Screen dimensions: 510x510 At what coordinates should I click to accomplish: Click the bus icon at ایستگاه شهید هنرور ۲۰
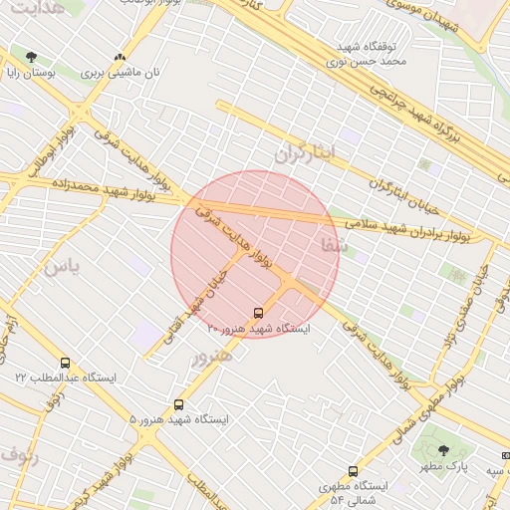point(259,312)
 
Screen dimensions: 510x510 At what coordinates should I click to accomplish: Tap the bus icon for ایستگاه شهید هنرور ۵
point(178,404)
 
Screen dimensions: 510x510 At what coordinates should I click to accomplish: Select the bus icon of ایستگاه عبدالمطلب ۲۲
point(66,364)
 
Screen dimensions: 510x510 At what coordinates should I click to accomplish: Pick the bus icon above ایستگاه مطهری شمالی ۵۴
point(353,471)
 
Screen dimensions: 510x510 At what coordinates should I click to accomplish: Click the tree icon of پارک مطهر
point(443,451)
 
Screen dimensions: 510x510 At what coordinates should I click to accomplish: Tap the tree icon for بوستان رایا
point(32,57)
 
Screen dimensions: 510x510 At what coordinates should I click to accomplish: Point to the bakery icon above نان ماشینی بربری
point(121,58)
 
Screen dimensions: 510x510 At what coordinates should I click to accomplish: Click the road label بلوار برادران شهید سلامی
point(412,230)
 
